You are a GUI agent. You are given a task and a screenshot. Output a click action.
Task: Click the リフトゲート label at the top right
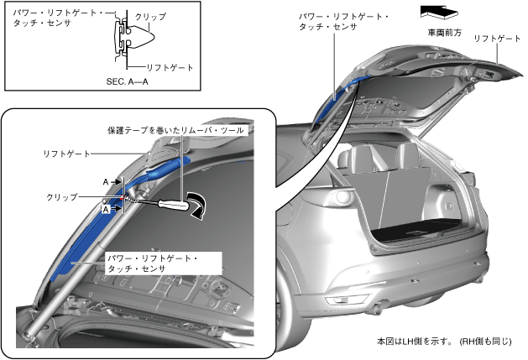click(x=493, y=39)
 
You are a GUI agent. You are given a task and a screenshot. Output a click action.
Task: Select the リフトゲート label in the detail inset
click(x=67, y=154)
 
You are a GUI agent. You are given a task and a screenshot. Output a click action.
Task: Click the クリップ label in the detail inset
click(x=62, y=196)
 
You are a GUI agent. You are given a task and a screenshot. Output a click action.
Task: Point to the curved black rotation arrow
click(x=199, y=205)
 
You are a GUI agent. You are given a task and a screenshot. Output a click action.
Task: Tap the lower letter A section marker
click(x=107, y=210)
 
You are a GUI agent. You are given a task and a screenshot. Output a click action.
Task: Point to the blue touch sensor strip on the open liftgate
click(x=332, y=92)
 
